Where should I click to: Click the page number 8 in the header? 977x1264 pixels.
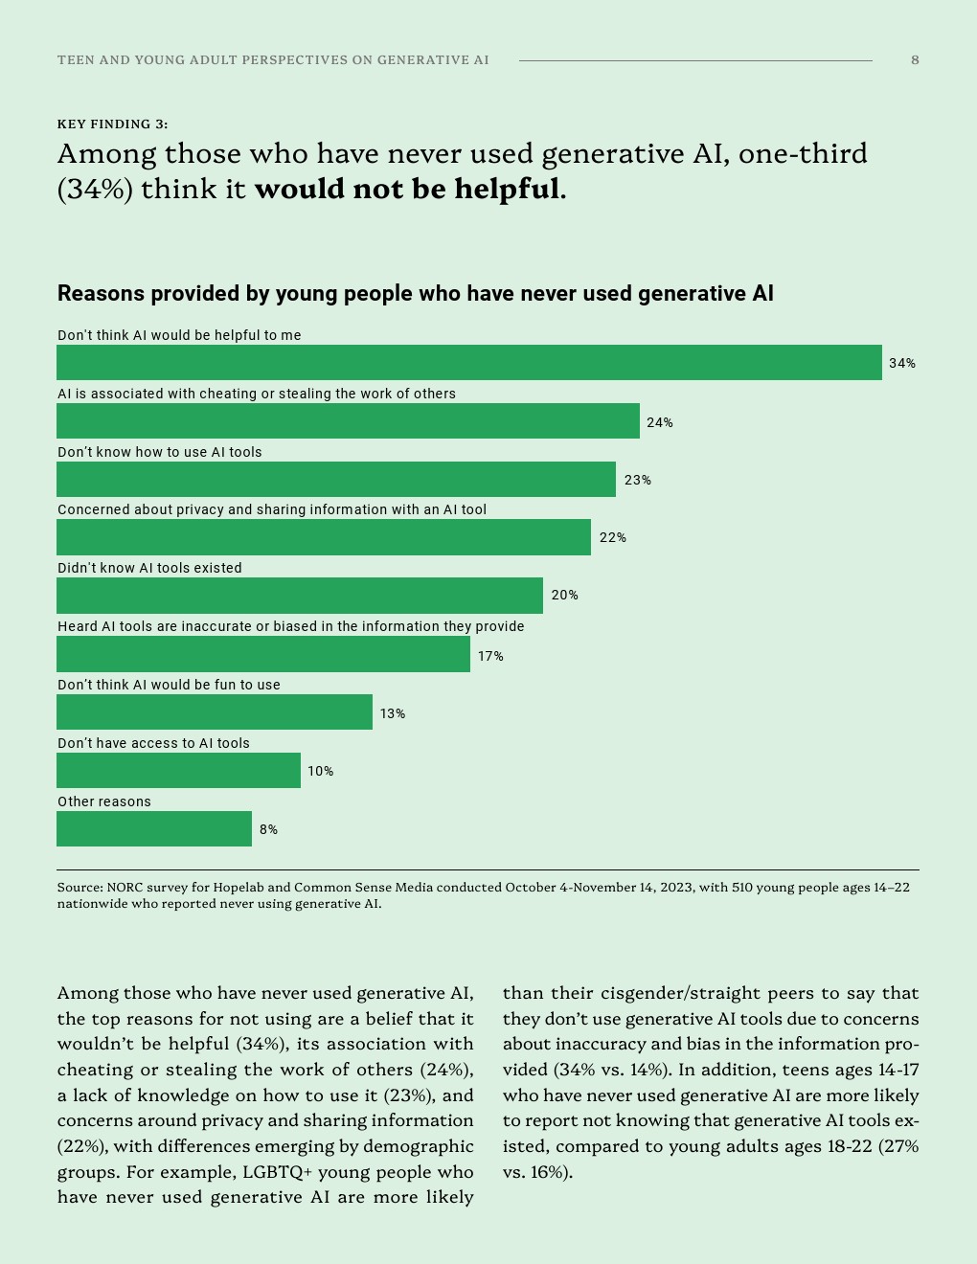(915, 60)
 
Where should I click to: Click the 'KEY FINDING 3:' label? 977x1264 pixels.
(112, 124)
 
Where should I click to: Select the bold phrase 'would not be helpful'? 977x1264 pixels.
(407, 190)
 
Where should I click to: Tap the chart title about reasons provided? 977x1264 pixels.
(415, 294)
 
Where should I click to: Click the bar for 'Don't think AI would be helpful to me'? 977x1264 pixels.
(468, 363)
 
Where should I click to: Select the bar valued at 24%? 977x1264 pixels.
(348, 421)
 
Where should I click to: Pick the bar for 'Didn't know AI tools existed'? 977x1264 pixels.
(299, 596)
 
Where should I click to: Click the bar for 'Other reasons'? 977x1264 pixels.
(153, 829)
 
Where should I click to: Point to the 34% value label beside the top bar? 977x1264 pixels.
(901, 364)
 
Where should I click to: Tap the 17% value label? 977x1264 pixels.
(490, 657)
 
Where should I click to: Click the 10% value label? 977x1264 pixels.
(320, 772)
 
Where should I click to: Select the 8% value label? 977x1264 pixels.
(268, 830)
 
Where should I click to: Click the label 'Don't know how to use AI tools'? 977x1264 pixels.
(159, 452)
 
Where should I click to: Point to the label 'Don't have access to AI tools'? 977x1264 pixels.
(153, 743)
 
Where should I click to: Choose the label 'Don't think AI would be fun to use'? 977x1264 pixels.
(169, 685)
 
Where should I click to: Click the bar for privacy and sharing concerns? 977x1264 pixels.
(323, 537)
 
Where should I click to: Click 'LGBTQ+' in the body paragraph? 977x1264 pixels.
(277, 1172)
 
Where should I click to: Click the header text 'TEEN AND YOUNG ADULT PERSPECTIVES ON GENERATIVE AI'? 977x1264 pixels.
(273, 60)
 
